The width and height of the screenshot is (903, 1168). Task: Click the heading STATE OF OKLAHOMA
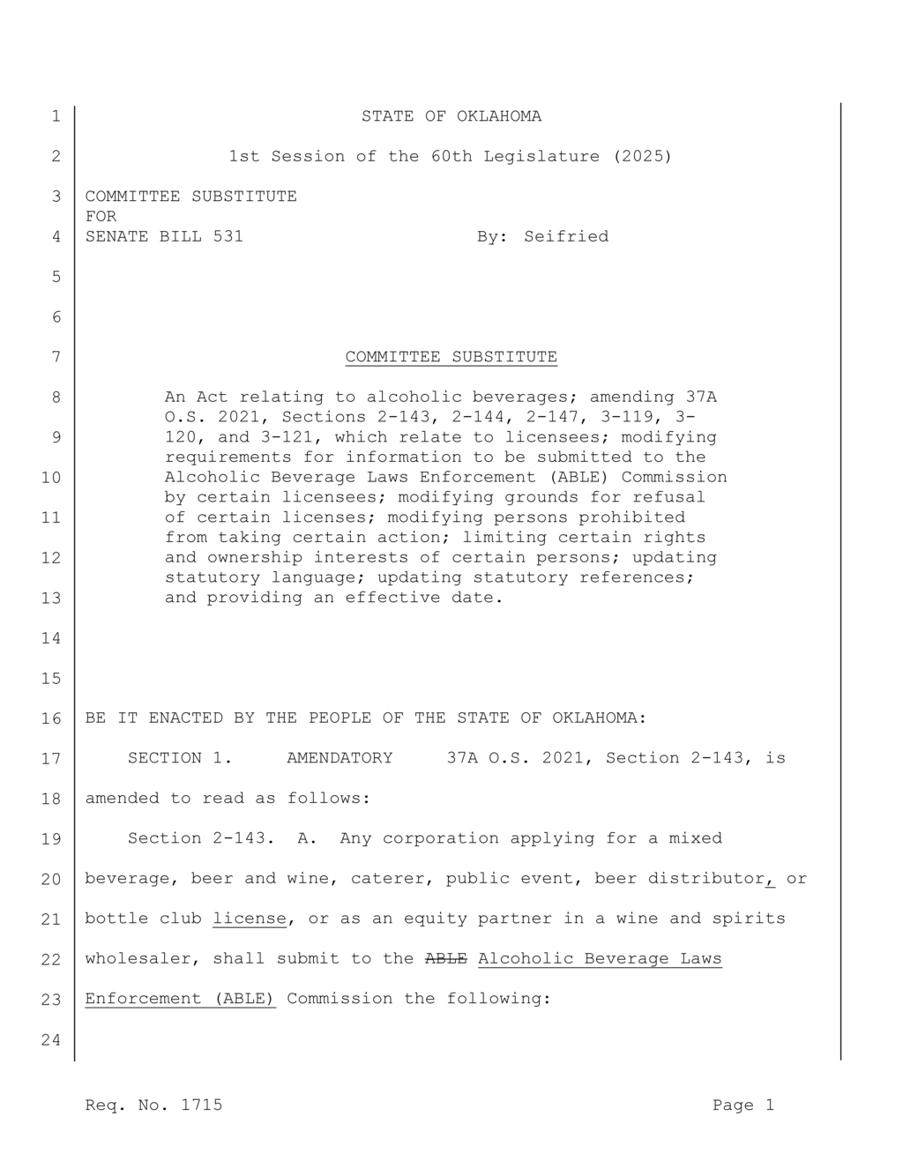pyautogui.click(x=451, y=116)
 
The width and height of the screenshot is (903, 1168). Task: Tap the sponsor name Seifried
pyautogui.click(x=566, y=237)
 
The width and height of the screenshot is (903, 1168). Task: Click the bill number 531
pyautogui.click(x=228, y=237)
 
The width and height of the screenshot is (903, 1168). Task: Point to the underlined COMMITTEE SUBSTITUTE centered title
pyautogui.click(x=451, y=357)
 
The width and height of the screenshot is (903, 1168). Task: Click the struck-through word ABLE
pyautogui.click(x=445, y=959)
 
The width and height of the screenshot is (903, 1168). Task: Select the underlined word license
pyautogui.click(x=250, y=919)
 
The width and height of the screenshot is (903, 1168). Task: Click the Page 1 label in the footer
pyautogui.click(x=743, y=1105)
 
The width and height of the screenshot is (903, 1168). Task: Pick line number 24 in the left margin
pyautogui.click(x=51, y=1040)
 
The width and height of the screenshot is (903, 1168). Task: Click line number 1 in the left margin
pyautogui.click(x=56, y=116)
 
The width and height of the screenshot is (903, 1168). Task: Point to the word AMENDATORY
pyautogui.click(x=340, y=758)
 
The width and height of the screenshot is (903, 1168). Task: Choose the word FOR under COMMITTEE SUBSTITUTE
pyautogui.click(x=101, y=217)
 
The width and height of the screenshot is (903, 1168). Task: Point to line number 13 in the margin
pyautogui.click(x=51, y=599)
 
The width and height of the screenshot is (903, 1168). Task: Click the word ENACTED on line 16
pyautogui.click(x=185, y=718)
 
